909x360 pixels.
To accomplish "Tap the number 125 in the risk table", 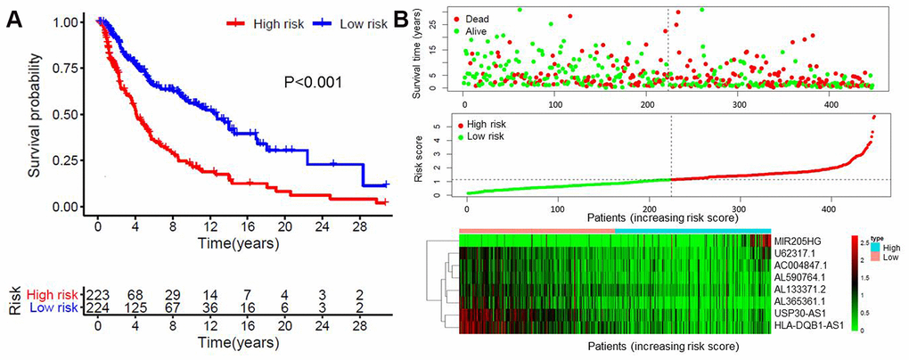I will click(135, 308).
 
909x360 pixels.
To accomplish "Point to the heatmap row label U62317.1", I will click(795, 253).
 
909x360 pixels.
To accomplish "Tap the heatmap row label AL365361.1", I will click(799, 302).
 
